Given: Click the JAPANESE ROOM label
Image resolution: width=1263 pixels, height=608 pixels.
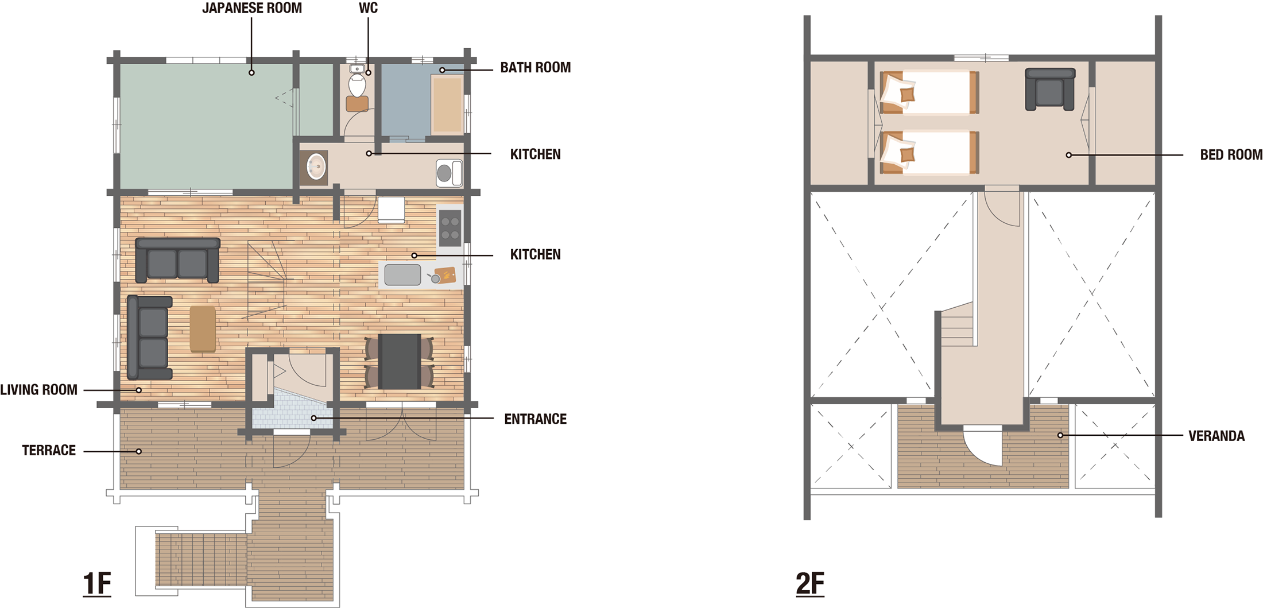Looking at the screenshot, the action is coord(252,8).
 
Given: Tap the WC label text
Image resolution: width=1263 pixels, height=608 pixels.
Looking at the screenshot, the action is coord(369,8).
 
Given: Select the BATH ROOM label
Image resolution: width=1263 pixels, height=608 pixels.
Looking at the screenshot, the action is coord(536,68).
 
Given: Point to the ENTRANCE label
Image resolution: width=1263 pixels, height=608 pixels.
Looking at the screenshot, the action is coord(536,419).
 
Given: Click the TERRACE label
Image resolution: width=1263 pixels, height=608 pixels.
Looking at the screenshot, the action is coord(49,451).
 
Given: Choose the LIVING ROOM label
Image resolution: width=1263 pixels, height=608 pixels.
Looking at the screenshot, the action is coord(38,390).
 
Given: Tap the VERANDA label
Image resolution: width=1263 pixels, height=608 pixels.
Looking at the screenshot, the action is coord(1216,436).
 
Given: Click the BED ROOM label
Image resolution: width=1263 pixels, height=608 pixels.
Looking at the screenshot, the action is coord(1231,155).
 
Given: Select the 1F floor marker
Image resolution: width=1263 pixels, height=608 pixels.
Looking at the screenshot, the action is coord(97,584).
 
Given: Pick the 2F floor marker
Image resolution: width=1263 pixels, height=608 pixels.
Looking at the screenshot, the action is coord(810,584).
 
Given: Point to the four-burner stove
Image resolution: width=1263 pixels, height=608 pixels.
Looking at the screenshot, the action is coord(450,227).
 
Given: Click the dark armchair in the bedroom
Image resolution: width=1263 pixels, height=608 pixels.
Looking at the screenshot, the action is coord(1050,90).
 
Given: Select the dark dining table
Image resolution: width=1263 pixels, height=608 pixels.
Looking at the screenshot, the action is coord(400,361).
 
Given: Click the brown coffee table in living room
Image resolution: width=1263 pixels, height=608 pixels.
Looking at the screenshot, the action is coord(203,328).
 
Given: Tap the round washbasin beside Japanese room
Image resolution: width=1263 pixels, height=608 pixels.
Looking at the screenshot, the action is coord(316,168).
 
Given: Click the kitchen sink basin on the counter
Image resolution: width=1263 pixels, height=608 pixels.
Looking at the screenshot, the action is coord(402,275).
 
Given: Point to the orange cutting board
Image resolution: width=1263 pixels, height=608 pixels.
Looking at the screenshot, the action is coord(445,275).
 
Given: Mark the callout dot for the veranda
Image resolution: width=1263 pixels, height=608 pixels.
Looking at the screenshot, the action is coord(1060,435).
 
